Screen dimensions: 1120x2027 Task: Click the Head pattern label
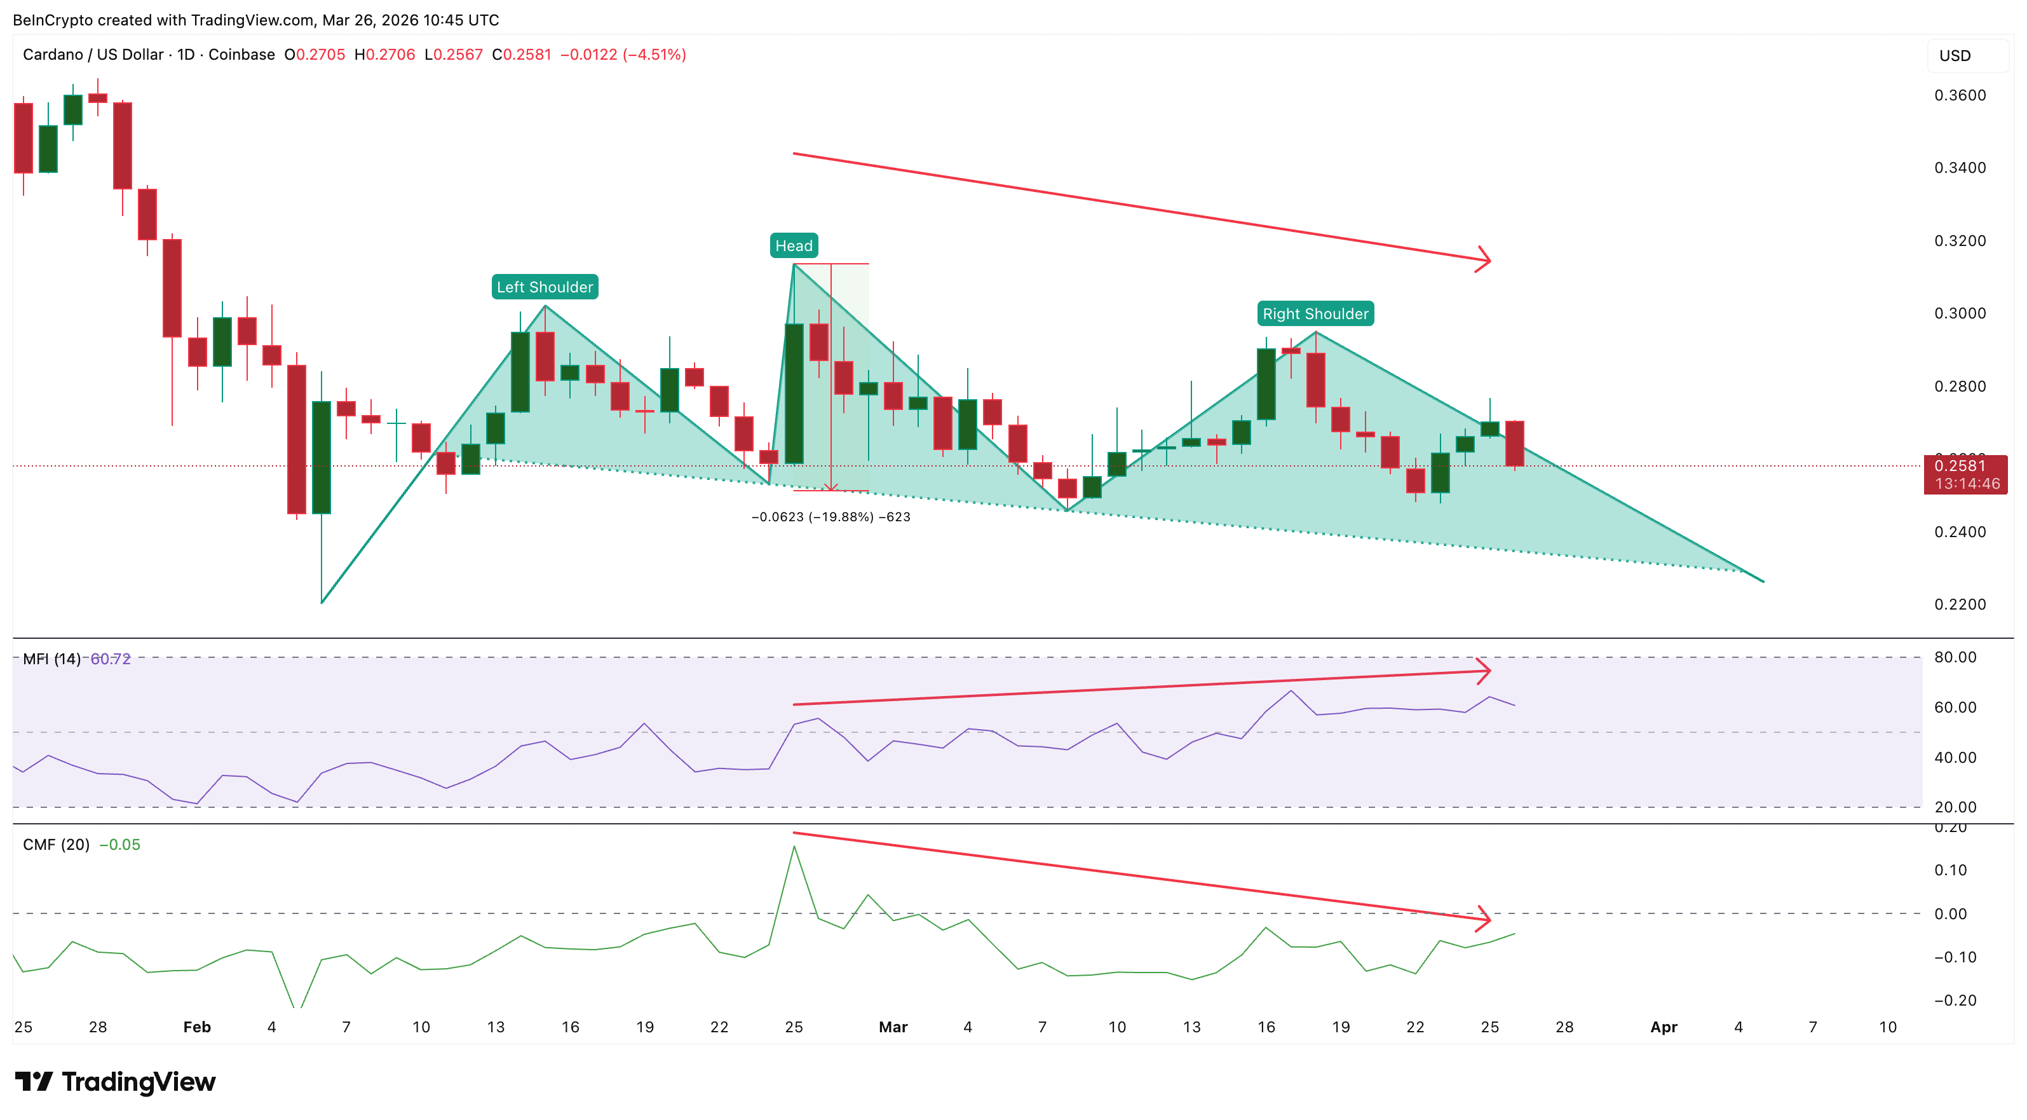[793, 245]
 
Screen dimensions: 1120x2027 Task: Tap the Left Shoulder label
[545, 287]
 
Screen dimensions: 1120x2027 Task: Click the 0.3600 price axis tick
[1960, 95]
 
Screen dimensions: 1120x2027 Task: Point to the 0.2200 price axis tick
[1960, 604]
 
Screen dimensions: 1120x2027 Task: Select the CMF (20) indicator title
[56, 845]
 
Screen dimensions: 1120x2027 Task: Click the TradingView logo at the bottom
[115, 1082]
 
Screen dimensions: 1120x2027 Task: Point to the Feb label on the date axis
[197, 1027]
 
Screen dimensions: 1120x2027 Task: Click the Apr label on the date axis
[1664, 1027]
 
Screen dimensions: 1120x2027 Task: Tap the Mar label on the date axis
[893, 1027]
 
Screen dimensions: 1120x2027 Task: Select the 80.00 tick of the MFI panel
[1955, 657]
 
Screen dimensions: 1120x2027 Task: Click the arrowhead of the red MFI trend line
[1486, 671]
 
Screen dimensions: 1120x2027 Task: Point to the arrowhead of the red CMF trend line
[1486, 919]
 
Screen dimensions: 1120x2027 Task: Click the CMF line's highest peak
[794, 847]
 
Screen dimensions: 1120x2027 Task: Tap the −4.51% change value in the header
[654, 54]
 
